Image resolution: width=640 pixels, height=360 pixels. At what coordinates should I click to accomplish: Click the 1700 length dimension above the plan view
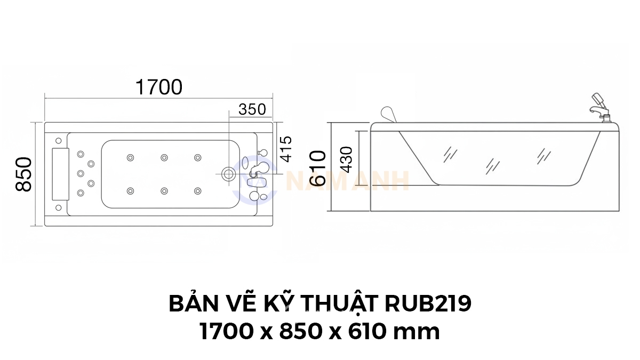point(159,87)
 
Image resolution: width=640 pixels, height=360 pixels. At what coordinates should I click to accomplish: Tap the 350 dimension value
point(252,109)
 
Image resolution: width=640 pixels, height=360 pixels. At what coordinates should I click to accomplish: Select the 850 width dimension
point(23,174)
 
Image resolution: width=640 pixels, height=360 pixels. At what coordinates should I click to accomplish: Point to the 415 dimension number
point(286,149)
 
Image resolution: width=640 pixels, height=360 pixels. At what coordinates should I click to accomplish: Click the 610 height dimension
point(318,169)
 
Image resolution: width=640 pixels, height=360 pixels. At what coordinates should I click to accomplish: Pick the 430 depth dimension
point(347,159)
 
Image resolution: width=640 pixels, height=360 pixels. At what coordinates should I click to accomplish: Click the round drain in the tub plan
point(228,173)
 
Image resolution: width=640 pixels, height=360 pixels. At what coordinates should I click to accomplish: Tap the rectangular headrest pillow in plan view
point(60,174)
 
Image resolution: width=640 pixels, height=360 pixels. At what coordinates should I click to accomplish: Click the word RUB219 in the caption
point(428,304)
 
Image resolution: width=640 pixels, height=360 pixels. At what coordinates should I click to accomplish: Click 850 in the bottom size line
point(301,331)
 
